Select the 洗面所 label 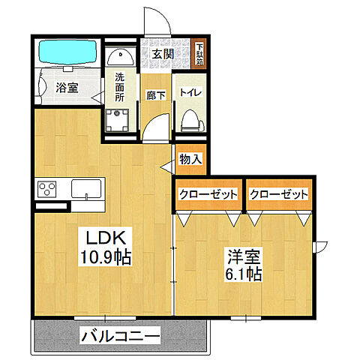121,86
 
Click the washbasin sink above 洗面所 120,57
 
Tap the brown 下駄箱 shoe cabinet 200,55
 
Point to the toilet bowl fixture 190,119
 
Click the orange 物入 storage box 190,158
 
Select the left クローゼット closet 208,194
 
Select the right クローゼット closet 279,194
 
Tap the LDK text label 107,237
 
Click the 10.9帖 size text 107,257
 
